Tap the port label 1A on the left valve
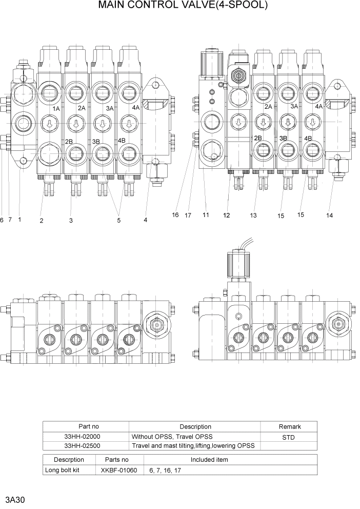tap(56, 109)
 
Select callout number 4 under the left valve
tap(145, 220)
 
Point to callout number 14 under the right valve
tap(329, 216)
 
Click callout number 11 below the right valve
tap(206, 215)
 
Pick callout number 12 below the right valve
tap(226, 216)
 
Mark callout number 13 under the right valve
tap(253, 216)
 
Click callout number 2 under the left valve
tap(41, 221)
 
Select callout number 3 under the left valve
tap(71, 221)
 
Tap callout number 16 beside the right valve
tap(175, 215)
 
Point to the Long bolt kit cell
tap(69, 469)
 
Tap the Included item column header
tap(209, 460)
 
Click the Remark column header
tap(289, 426)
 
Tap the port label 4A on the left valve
tap(135, 108)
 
